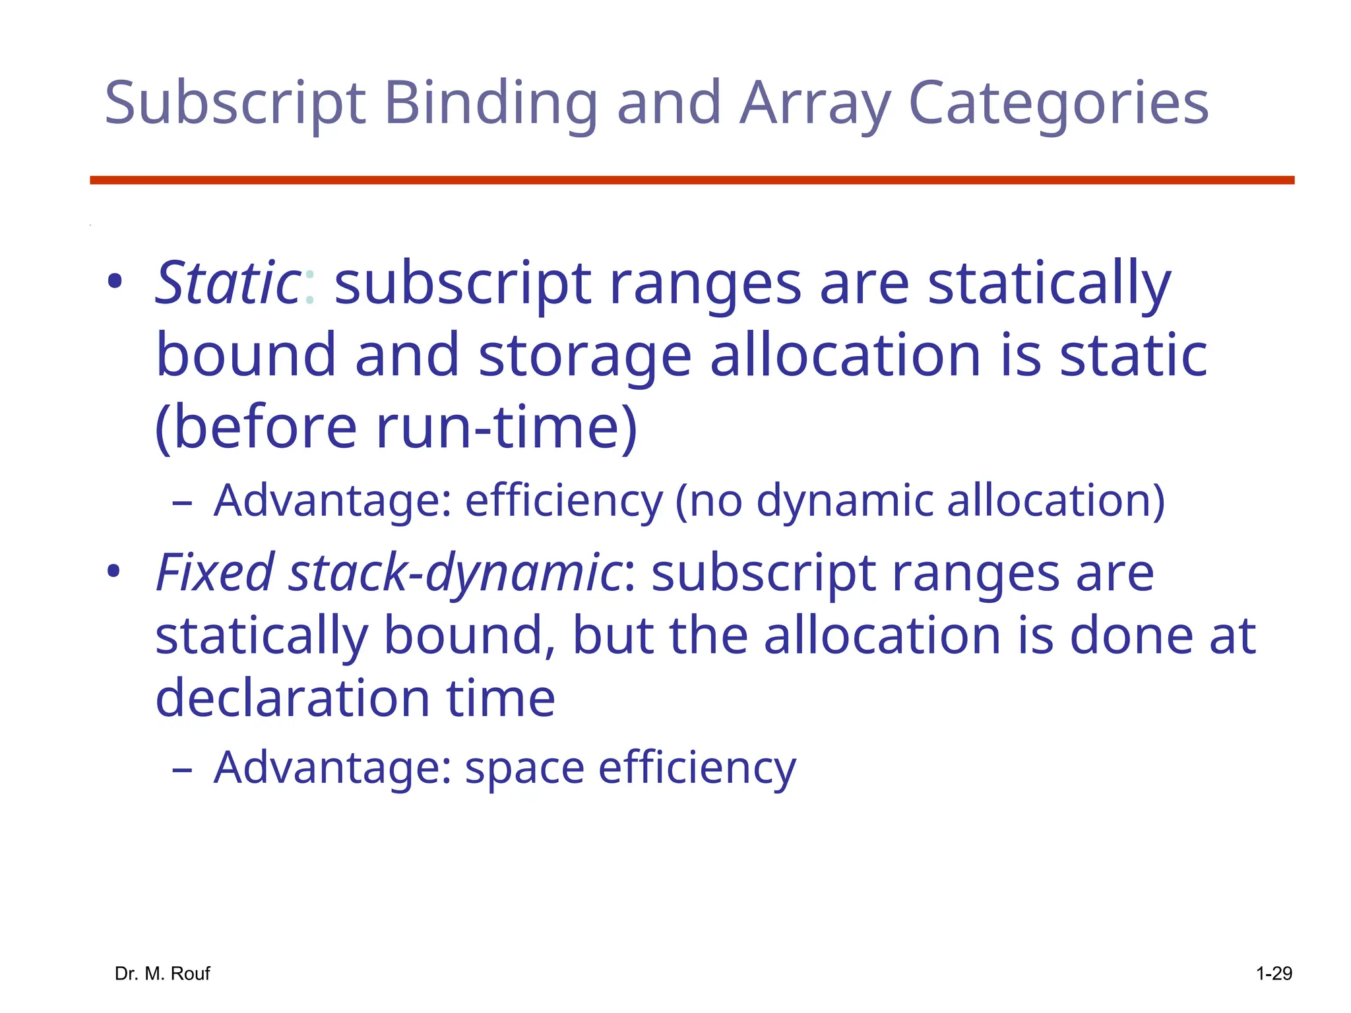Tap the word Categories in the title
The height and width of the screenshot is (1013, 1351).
(x=1058, y=104)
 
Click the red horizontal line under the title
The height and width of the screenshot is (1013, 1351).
(x=691, y=180)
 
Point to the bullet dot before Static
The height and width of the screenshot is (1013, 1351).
(x=115, y=283)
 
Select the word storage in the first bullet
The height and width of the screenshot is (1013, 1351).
(x=584, y=356)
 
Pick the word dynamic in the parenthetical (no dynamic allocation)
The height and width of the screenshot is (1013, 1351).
(x=845, y=501)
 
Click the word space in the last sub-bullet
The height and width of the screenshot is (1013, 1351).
(x=524, y=768)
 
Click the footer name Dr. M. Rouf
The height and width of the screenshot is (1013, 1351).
(x=162, y=973)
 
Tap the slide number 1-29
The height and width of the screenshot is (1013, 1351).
(x=1273, y=973)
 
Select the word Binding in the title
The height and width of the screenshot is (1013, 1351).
(x=491, y=104)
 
